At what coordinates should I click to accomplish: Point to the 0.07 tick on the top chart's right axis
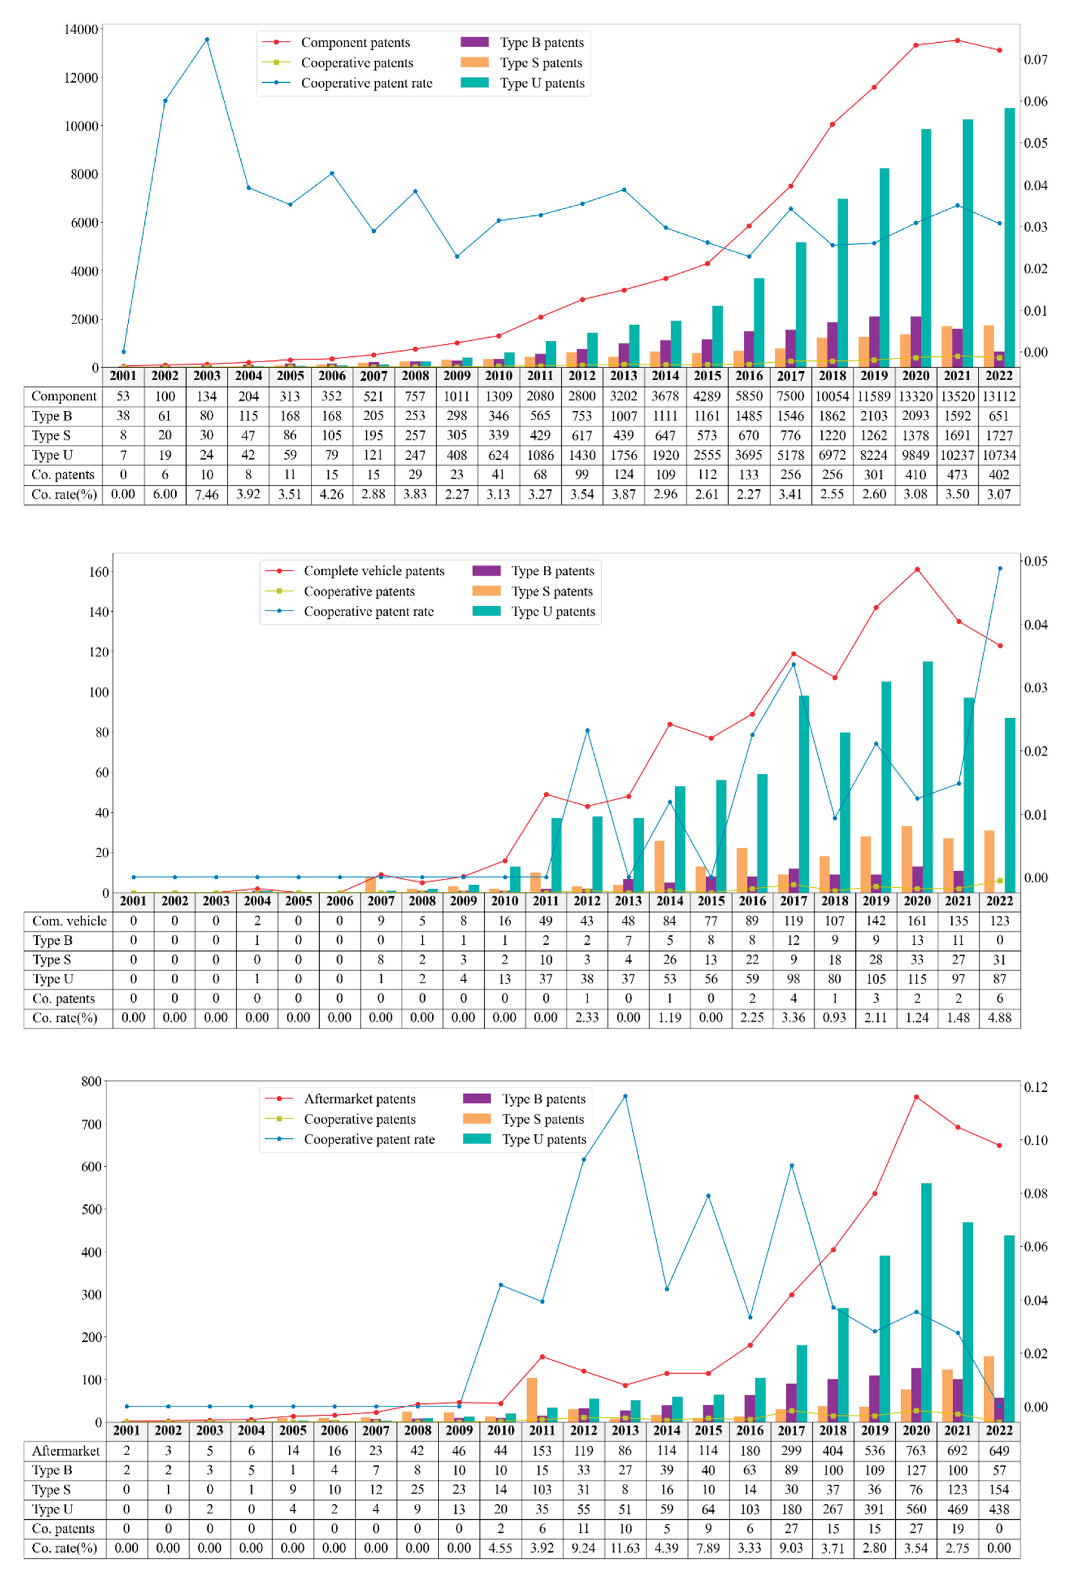click(1035, 60)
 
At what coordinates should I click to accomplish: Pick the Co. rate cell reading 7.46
click(206, 494)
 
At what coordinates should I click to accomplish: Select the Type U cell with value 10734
click(999, 455)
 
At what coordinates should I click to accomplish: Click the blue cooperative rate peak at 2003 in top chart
click(207, 39)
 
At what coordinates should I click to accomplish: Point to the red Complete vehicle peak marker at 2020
click(917, 570)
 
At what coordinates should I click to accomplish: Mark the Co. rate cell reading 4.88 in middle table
click(999, 1018)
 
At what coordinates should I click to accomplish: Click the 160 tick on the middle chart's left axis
click(99, 572)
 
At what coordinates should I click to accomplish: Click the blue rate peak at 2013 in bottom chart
click(625, 1096)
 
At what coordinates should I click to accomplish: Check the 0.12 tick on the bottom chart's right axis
click(1035, 1087)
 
